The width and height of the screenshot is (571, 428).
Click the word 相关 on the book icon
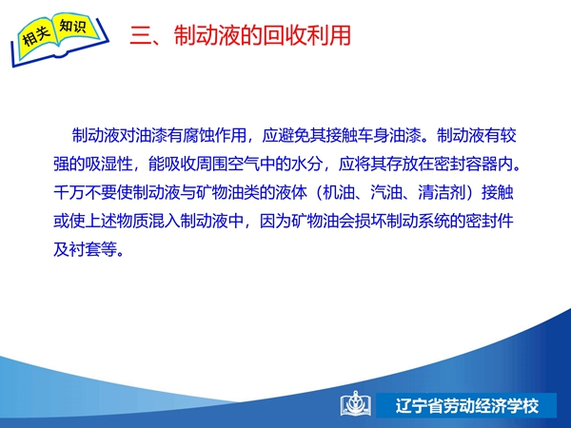point(35,35)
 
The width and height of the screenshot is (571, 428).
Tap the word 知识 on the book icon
point(73,27)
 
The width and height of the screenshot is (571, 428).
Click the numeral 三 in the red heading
point(141,36)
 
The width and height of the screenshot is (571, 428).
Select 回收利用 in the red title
point(306,35)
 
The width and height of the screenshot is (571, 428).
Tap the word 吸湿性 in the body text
point(108,164)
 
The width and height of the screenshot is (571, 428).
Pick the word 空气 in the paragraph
point(243,164)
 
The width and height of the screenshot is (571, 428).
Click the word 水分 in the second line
point(306,164)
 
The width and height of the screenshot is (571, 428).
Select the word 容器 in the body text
point(481,164)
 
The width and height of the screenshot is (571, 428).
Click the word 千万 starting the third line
point(69,192)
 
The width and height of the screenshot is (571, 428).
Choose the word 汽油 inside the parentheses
point(386,192)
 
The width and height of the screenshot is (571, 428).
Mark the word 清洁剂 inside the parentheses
point(442,192)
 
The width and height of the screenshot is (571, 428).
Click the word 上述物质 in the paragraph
point(116,221)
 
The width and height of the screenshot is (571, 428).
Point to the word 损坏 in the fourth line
point(370,221)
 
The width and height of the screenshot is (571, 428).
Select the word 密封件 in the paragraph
point(489,221)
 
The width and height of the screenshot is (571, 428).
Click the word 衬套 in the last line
point(85,249)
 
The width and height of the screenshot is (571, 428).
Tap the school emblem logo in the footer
point(356,404)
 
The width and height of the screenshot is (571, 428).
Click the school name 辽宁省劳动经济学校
point(467,405)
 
